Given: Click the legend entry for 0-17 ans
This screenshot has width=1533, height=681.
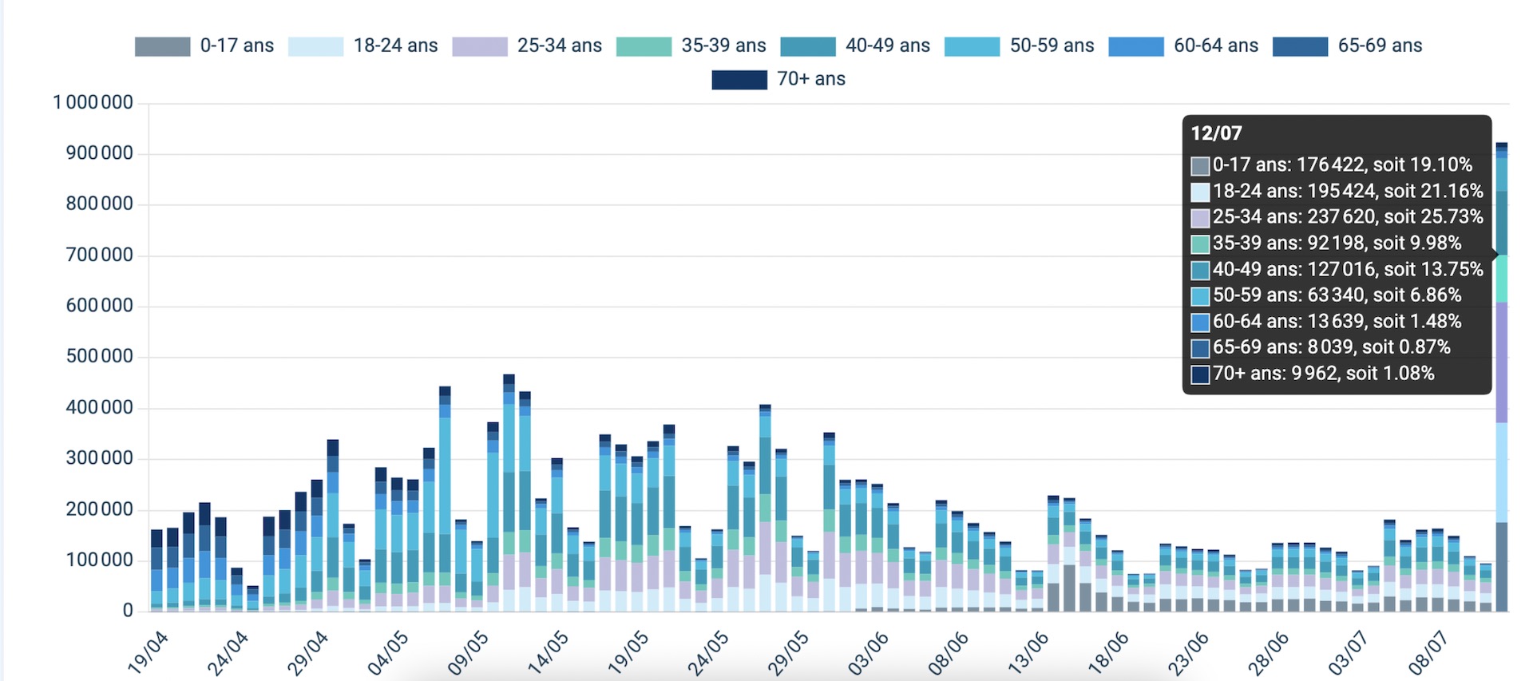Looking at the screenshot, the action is [204, 46].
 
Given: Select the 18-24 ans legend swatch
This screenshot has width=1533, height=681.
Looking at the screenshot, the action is [315, 46].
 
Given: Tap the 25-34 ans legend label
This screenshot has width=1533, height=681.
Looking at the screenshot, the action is [560, 46].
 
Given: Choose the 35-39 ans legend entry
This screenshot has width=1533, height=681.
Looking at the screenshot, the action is [691, 46].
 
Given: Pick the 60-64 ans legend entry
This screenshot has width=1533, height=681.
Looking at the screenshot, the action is [1183, 46].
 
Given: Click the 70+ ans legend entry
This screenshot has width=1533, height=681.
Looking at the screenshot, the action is [778, 79].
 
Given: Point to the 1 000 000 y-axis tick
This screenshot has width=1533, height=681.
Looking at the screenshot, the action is [93, 102].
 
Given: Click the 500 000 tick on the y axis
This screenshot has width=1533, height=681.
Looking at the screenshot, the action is [99, 356].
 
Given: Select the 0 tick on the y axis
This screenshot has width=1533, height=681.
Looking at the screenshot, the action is [128, 611].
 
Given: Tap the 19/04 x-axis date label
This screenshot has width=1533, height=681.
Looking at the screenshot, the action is [149, 652].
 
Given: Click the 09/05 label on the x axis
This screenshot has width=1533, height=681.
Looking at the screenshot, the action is [469, 652].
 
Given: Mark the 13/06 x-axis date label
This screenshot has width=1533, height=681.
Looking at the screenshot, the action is [1028, 652].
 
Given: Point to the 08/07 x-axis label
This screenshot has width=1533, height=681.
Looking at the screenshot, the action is [1428, 652].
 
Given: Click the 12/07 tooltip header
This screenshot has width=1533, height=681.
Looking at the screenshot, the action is [1217, 133].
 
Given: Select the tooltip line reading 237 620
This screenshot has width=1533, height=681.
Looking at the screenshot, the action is [1337, 216].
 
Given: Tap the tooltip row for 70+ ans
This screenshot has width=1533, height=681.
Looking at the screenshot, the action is [1313, 373].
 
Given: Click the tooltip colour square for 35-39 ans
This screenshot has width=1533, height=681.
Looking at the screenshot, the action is [1200, 243].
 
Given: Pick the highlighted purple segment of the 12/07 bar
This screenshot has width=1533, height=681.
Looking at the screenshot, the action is [1502, 362].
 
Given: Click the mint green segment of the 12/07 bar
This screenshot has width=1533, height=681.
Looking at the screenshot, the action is [1502, 279].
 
